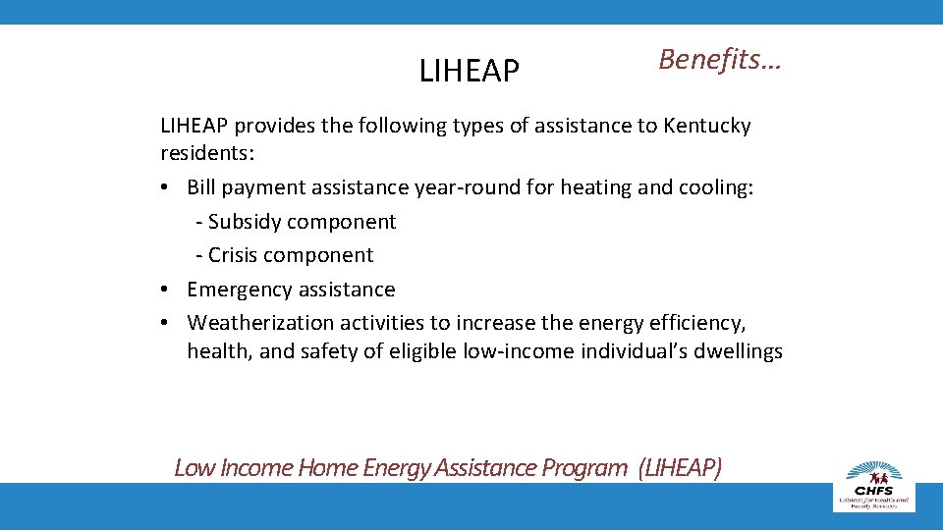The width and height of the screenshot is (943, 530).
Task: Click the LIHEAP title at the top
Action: [x=470, y=71]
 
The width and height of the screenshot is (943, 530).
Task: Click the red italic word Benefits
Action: [x=720, y=60]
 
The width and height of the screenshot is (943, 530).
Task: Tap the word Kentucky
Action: [x=707, y=127]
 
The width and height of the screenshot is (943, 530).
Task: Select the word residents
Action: [x=201, y=154]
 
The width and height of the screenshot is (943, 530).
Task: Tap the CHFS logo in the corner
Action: [x=874, y=483]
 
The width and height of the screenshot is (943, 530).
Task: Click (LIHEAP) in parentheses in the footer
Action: [x=679, y=467]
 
